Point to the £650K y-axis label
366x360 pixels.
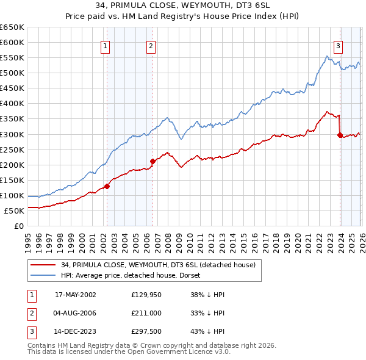[12, 27]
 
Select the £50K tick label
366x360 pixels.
[14, 211]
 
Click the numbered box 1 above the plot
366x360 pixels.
[106, 45]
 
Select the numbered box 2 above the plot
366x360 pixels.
[151, 45]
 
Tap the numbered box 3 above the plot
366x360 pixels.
[338, 45]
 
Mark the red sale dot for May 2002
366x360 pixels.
[107, 186]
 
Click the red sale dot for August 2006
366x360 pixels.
[152, 161]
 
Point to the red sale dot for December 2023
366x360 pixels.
[339, 135]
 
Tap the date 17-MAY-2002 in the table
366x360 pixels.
[76, 295]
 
